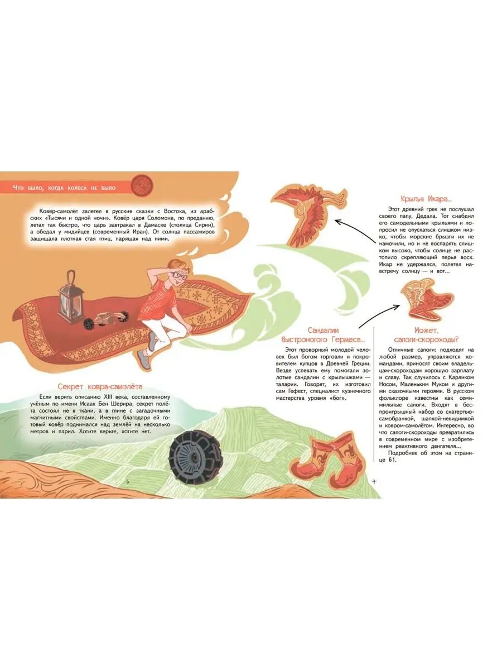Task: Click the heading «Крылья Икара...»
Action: [426, 199]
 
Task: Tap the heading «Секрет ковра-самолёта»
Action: [100, 387]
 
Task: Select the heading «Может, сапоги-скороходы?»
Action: [426, 334]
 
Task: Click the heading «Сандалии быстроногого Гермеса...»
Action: [323, 334]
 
